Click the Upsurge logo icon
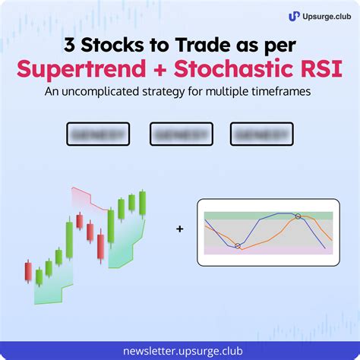tap(294, 15)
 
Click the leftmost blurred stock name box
tap(98, 134)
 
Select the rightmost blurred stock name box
tap(262, 134)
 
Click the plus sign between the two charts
tap(179, 227)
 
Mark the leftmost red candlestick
tap(29, 271)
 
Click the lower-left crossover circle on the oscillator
tap(238, 245)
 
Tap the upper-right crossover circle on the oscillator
tap(298, 216)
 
